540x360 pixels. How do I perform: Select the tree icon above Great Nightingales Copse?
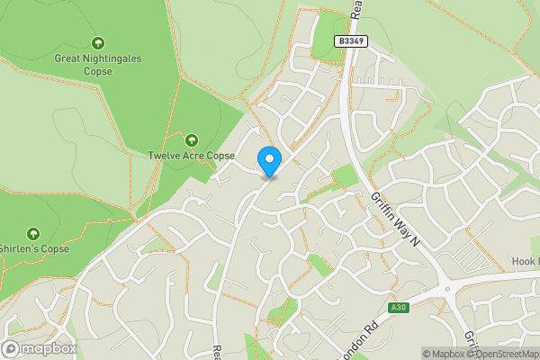point(98,42)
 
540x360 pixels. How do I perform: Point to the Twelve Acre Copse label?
point(191,156)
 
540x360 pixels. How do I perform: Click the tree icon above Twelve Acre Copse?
point(191,139)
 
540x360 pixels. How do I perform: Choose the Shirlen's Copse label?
point(34,249)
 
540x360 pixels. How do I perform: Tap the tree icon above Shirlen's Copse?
point(34,233)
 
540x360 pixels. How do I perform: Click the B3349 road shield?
point(351,41)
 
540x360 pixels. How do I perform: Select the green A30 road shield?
point(399,308)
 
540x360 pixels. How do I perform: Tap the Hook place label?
point(526,262)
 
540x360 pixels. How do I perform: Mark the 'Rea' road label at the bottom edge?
point(216,352)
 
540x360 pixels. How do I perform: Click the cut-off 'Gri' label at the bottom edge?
point(470,346)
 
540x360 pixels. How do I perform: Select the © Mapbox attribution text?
point(444,354)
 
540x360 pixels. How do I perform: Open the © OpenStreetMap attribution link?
point(503,354)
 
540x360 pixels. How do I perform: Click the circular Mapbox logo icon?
point(12,348)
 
